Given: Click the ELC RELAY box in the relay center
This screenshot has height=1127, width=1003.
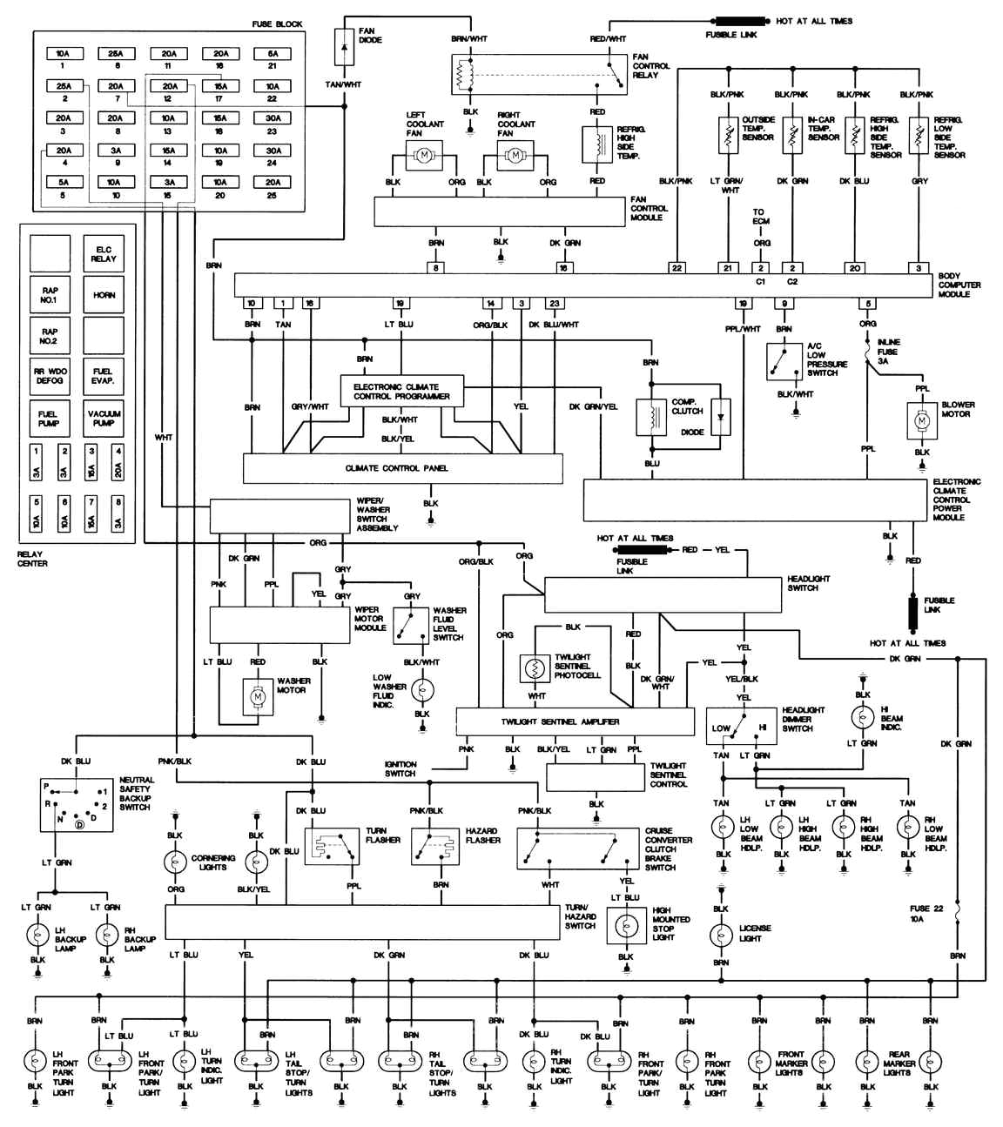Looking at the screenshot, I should tap(104, 254).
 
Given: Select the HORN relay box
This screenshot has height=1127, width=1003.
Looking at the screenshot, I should tap(104, 295).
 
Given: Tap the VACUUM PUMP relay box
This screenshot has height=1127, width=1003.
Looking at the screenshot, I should tap(104, 419).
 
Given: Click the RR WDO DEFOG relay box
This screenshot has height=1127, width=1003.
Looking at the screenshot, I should tap(50, 377).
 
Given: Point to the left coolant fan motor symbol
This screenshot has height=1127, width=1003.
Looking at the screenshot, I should tap(424, 155).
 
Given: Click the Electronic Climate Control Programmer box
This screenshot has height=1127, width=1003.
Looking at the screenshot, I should tap(401, 392).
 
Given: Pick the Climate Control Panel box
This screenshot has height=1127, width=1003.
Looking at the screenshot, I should tap(402, 468).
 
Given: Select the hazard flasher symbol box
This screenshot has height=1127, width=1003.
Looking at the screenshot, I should tap(434, 846).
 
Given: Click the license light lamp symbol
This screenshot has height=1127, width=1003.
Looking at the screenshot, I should tap(721, 936).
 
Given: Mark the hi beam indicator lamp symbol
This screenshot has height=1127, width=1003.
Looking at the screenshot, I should tap(863, 717).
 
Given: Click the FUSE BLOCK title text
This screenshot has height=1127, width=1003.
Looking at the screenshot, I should tap(277, 23).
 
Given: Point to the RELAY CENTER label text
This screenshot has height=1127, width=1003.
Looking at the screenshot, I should tap(33, 559).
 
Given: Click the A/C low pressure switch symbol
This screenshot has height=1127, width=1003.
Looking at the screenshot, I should tap(784, 361).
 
